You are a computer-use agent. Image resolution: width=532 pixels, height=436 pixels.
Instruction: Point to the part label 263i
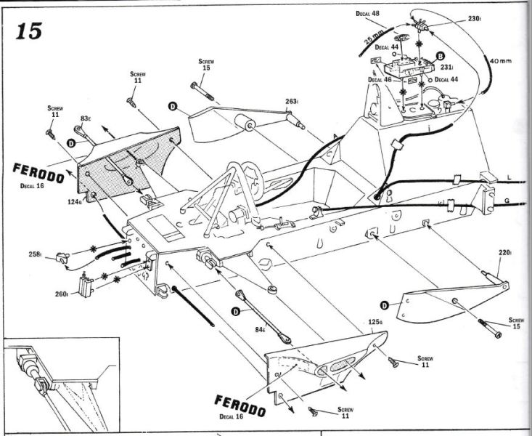click(x=291, y=102)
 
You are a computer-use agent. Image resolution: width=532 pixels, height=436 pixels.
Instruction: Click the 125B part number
click(x=375, y=320)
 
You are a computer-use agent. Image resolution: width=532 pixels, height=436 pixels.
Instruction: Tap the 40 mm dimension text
click(x=500, y=60)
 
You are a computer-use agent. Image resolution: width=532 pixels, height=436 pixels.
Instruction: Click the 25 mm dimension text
click(x=375, y=38)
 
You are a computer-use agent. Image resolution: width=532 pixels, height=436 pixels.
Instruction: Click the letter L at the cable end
click(x=510, y=177)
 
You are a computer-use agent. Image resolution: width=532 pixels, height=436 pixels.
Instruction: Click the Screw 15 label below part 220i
click(x=516, y=323)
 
